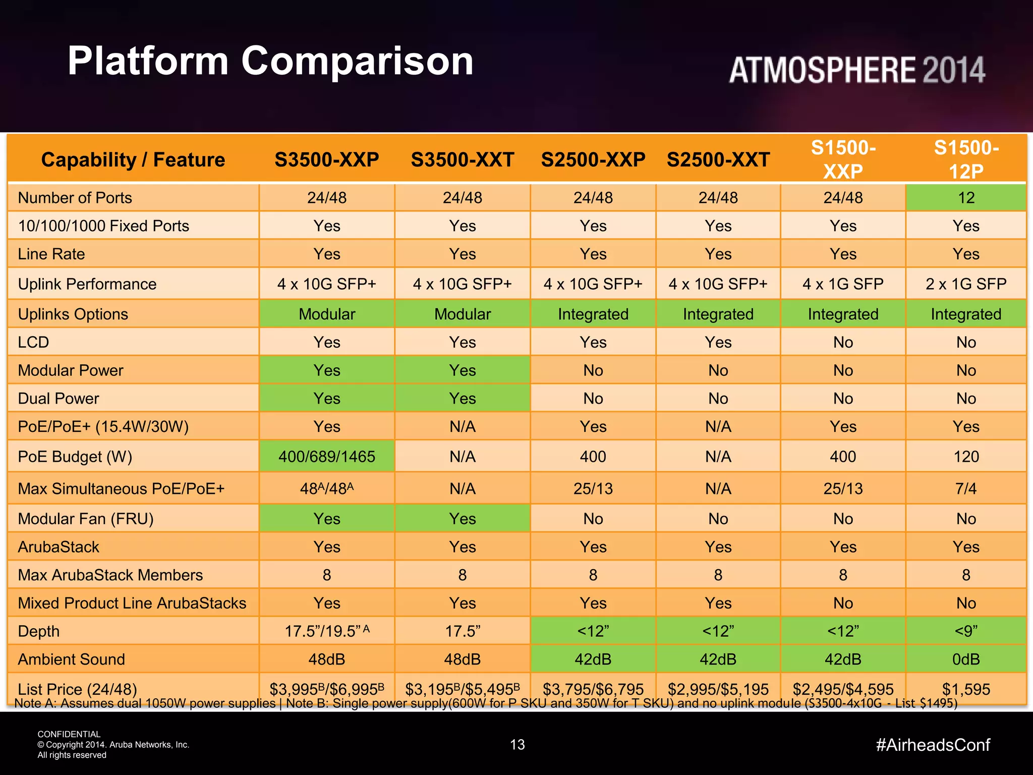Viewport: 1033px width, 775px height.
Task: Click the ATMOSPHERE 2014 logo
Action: pos(856,70)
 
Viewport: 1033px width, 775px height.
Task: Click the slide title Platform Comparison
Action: pos(270,61)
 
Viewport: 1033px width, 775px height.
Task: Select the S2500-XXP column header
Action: pos(593,160)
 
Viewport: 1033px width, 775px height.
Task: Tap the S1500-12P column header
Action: pos(966,159)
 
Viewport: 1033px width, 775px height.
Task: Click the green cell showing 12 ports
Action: pos(966,198)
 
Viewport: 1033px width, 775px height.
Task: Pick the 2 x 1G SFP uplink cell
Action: pos(966,284)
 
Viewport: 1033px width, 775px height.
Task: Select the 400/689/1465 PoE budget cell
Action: pos(327,457)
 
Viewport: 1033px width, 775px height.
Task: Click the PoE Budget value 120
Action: pos(966,457)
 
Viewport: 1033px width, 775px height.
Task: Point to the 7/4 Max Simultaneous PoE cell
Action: pos(966,488)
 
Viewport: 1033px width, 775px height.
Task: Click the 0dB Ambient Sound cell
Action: pos(966,659)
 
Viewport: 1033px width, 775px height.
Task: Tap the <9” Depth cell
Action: pos(966,631)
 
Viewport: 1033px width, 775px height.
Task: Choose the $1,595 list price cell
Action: pos(966,689)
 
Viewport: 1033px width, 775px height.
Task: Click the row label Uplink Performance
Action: pos(87,284)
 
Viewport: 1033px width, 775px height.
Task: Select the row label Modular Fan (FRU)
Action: pos(86,519)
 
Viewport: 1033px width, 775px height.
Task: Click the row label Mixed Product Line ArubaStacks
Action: pos(132,603)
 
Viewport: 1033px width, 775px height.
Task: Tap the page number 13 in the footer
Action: pos(518,745)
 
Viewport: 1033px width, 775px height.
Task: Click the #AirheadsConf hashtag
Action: pos(933,745)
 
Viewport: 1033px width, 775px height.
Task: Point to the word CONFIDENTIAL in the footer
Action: pos(69,734)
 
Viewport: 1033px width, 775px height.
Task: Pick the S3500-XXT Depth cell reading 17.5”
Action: pos(463,631)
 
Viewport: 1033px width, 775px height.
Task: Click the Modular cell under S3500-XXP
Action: pos(327,314)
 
